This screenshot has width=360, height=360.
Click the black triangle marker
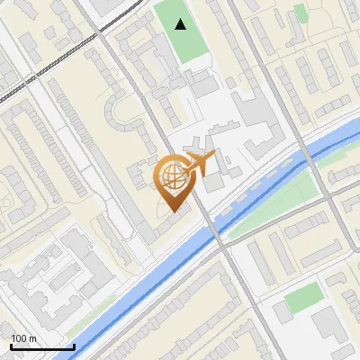click(x=182, y=24)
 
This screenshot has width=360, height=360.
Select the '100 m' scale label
click(x=24, y=337)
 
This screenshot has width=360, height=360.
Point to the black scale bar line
click(x=42, y=346)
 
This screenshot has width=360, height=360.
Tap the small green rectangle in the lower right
click(x=304, y=296)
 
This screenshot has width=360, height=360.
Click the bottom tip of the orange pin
click(x=173, y=211)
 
